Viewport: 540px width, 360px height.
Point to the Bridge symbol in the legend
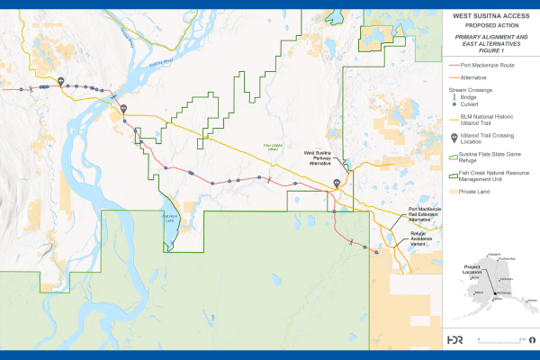[x=453, y=98]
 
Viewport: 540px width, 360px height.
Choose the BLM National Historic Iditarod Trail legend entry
[x=486, y=121]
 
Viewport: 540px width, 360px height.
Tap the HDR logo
[x=455, y=339]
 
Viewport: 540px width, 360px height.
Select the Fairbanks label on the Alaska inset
[x=507, y=280]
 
